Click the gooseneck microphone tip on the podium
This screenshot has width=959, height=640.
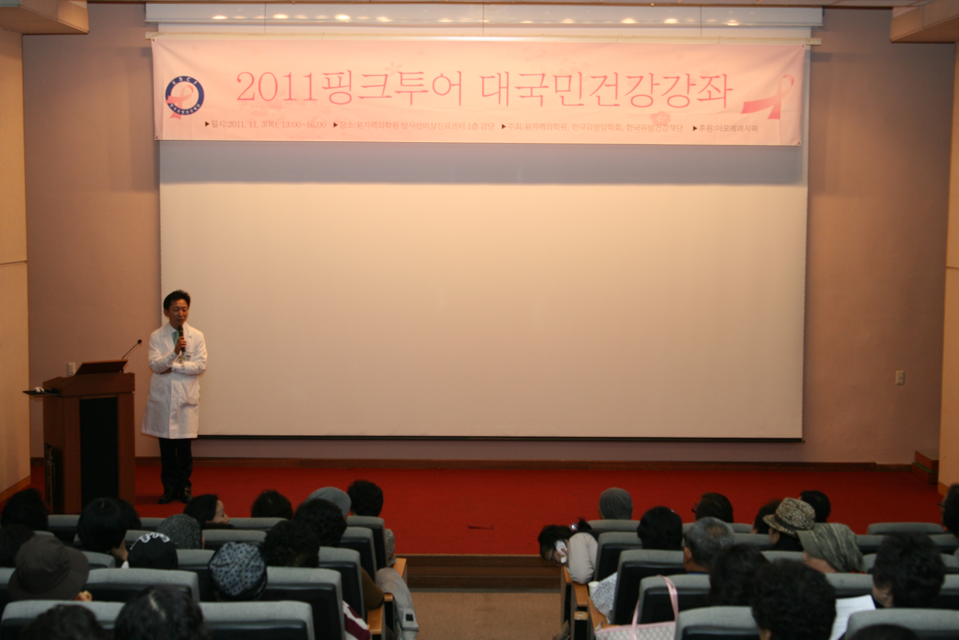[x=140, y=341]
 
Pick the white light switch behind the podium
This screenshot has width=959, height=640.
[x=71, y=369]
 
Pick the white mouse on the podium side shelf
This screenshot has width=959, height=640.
[x=38, y=389]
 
